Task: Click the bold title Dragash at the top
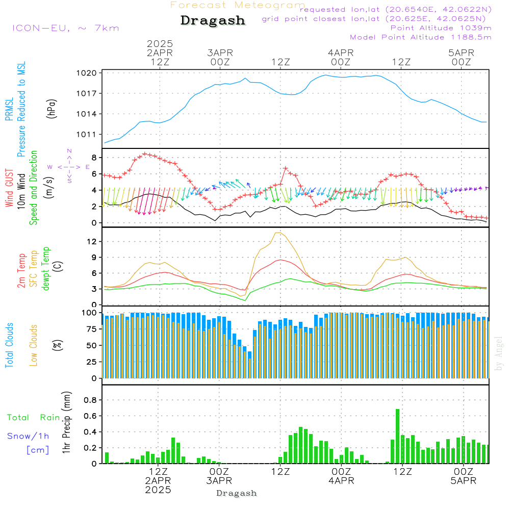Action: pos(213,20)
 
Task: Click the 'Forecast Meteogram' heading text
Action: pos(238,5)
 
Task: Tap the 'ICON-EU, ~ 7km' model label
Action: pos(65,28)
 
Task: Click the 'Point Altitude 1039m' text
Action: pos(441,28)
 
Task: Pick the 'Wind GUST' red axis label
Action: pos(9,189)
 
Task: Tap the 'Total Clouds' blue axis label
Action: pos(9,345)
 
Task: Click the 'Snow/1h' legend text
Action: pos(28,436)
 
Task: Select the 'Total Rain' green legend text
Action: pos(34,418)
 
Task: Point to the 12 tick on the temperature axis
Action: pos(92,241)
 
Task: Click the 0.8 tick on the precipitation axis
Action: pos(90,400)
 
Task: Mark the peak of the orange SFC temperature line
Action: pos(278,233)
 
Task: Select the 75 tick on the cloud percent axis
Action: pos(92,329)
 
